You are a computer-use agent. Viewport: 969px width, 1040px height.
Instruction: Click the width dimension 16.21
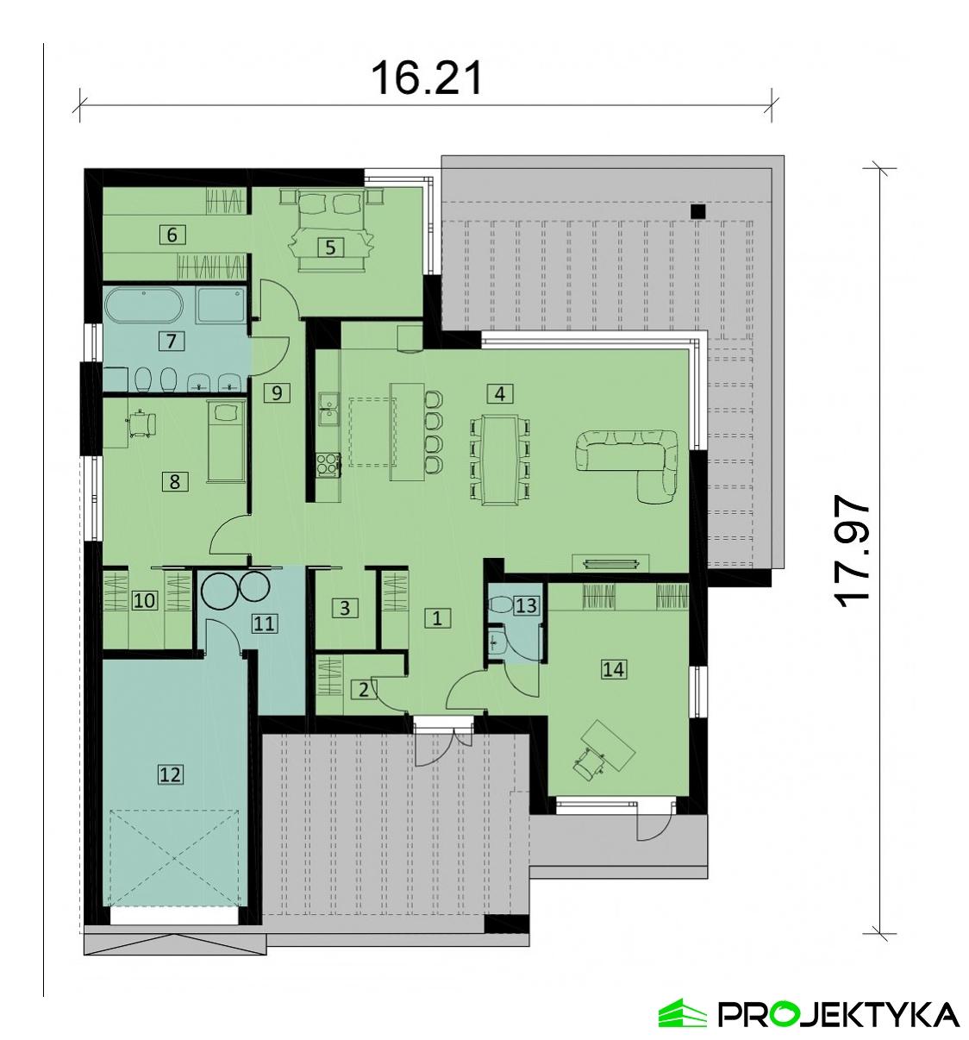tap(426, 78)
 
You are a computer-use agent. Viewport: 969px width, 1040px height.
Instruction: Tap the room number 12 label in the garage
tap(171, 774)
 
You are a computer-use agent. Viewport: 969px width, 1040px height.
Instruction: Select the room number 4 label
tap(499, 394)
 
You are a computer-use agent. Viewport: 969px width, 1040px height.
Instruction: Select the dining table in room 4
tap(499, 458)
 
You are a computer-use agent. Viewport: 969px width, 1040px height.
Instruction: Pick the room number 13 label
tap(525, 606)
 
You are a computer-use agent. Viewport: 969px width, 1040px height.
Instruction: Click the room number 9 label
tap(277, 393)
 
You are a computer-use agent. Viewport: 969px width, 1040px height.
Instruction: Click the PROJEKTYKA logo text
tap(837, 1014)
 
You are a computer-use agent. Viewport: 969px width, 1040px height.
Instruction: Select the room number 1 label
tap(438, 617)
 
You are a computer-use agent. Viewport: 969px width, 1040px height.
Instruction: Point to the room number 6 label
tap(172, 234)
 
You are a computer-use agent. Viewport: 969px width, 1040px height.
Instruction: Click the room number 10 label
tap(146, 599)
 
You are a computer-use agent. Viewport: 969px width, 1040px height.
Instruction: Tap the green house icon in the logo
tap(682, 1014)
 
